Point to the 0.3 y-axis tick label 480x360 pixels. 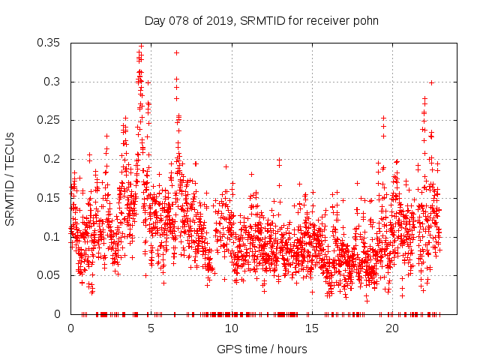point(55,82)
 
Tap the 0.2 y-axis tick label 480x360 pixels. point(55,159)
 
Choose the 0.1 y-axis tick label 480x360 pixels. point(55,236)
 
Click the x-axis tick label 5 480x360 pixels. point(151,328)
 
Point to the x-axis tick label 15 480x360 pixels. point(311,328)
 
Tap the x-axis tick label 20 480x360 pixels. point(391,328)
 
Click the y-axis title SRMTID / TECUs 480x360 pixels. point(10,178)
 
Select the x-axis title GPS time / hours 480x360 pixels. point(262,349)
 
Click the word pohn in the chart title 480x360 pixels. point(366,21)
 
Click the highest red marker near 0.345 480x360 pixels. point(141,46)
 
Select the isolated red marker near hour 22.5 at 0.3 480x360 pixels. point(431,82)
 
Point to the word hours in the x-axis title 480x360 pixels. point(292,349)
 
